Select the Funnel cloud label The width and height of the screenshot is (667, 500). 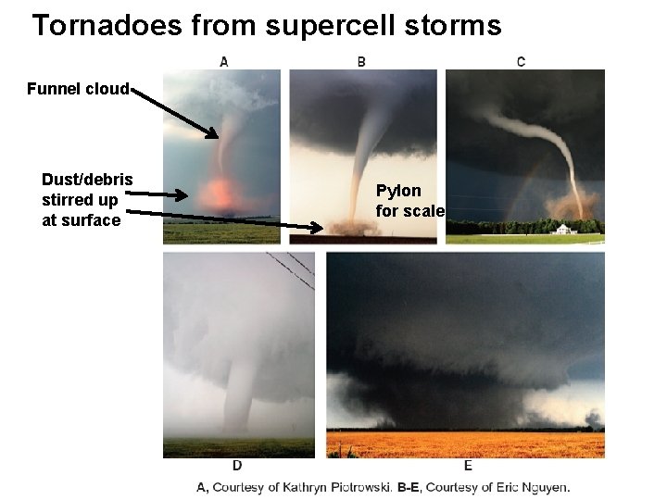pyautogui.click(x=78, y=90)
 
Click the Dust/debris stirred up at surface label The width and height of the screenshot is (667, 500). pyautogui.click(x=86, y=199)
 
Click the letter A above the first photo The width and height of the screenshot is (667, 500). pyautogui.click(x=224, y=62)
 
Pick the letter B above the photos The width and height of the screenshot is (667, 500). pyautogui.click(x=361, y=62)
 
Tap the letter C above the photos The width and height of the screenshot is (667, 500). pyautogui.click(x=521, y=62)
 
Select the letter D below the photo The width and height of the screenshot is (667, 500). pyautogui.click(x=237, y=465)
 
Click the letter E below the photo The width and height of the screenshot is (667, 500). pyautogui.click(x=468, y=465)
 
